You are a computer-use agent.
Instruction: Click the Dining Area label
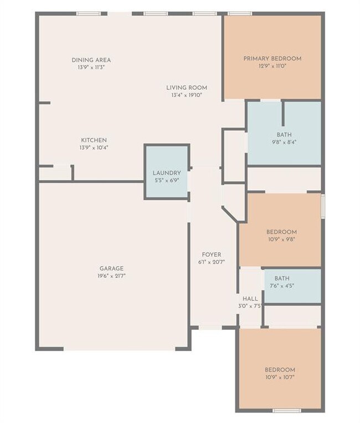pos(91,60)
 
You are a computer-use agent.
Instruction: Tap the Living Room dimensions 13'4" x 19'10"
pos(187,95)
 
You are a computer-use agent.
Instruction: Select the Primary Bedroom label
pos(272,58)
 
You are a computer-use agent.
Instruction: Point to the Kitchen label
pos(94,140)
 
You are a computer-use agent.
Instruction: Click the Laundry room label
pos(167,173)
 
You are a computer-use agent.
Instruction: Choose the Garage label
pos(111,268)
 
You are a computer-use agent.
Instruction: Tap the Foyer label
pos(212,254)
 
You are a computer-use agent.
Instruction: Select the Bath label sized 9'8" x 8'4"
pos(284,134)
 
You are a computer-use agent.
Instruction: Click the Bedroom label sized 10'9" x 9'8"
pos(281,232)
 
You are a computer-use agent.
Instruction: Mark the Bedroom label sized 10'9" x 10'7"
pos(280,370)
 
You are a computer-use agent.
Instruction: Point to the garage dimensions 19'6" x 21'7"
pos(111,276)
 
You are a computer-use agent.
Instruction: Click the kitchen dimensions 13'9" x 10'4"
pos(94,147)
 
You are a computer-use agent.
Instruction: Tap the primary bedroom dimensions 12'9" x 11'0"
pos(272,65)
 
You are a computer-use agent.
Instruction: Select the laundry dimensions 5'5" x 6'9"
pos(167,180)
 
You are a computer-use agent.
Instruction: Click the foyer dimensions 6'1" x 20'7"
pos(212,262)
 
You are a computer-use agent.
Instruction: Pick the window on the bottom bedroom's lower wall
pos(287,410)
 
